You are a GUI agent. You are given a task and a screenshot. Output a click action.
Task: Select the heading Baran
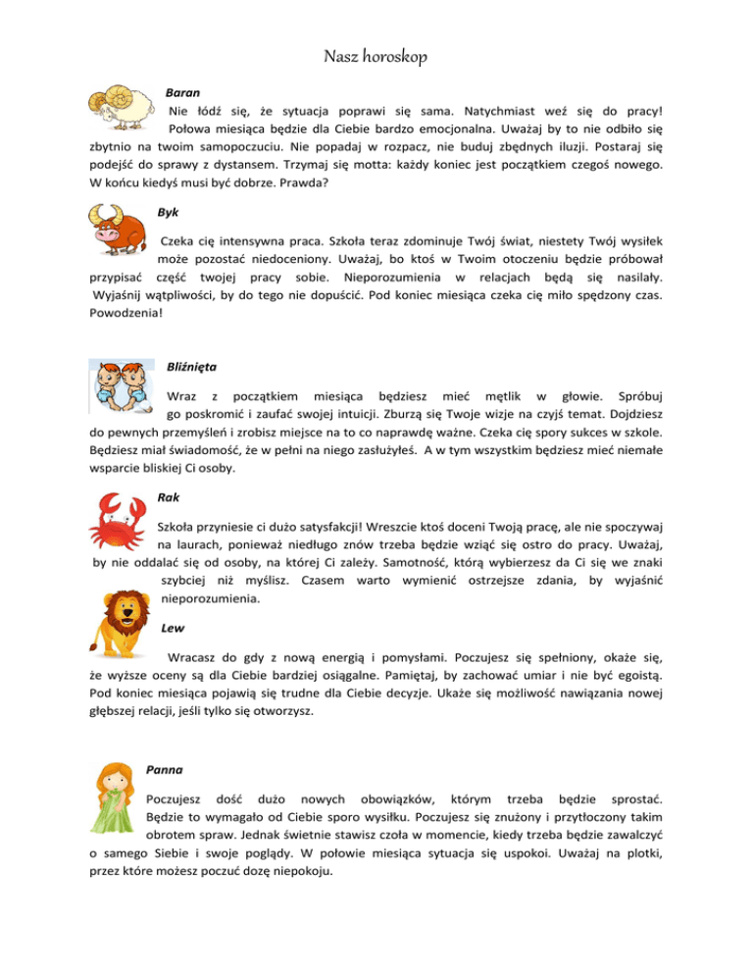pyautogui.click(x=182, y=90)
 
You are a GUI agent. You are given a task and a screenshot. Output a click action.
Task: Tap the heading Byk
pyautogui.click(x=169, y=212)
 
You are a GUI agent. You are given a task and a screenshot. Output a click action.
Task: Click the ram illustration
pyautogui.click(x=123, y=104)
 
